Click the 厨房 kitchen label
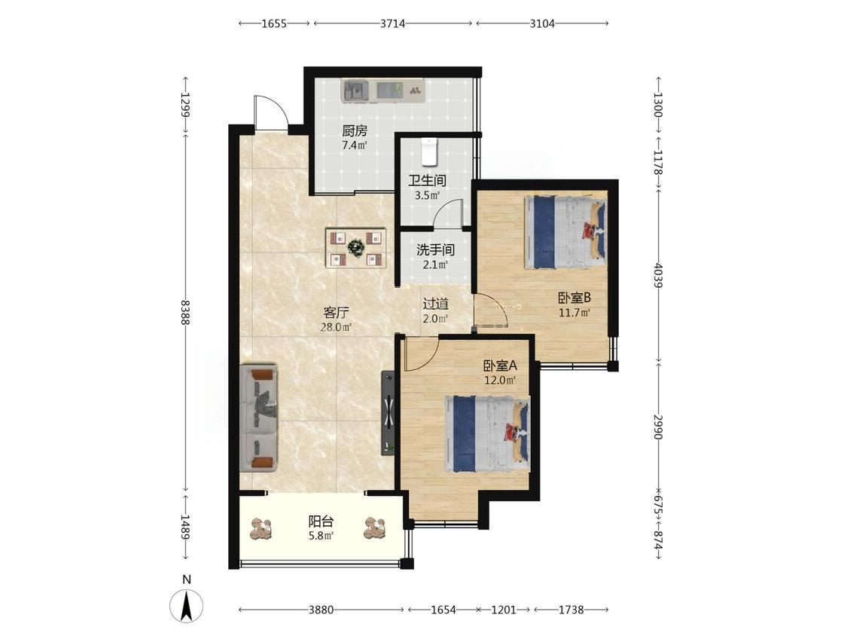tap(355, 130)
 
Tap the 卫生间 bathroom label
tap(427, 181)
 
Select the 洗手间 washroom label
tap(435, 250)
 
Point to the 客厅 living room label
tap(336, 312)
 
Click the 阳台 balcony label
tap(321, 521)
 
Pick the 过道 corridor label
tap(435, 304)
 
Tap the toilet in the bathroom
tap(429, 151)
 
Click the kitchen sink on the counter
tap(355, 90)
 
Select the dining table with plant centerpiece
tap(356, 248)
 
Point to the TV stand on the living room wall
tap(388, 413)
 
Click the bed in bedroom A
tap(486, 434)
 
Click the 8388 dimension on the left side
tap(185, 312)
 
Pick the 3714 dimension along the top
tap(393, 23)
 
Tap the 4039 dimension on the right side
tap(658, 275)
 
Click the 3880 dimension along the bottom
tap(321, 610)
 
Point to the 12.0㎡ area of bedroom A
tap(500, 381)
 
